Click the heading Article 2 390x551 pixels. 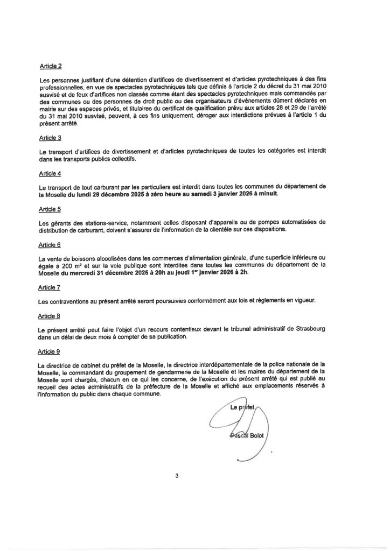(51, 66)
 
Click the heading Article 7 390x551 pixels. (51, 287)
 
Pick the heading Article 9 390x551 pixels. (51, 350)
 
